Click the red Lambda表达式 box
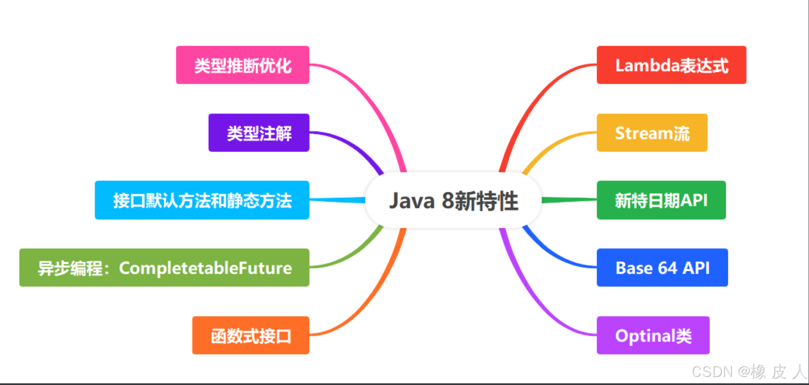[x=671, y=65]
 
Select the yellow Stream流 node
[x=652, y=133]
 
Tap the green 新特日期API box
[x=661, y=200]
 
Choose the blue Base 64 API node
[x=662, y=268]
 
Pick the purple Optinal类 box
[x=653, y=335]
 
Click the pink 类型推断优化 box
[x=242, y=65]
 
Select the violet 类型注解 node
[x=259, y=133]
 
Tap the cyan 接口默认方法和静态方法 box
[x=202, y=200]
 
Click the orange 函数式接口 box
[x=250, y=335]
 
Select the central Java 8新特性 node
[x=453, y=200]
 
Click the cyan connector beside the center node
[x=338, y=199]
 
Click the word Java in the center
[x=411, y=201]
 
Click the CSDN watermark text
[x=712, y=371]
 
